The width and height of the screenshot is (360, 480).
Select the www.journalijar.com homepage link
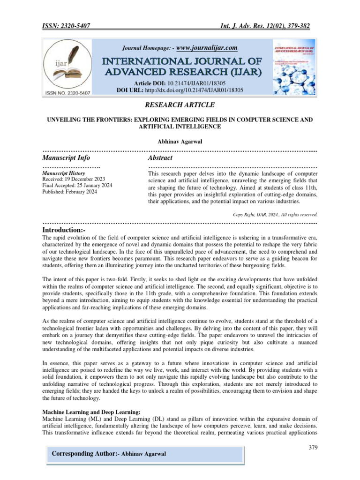(x=207, y=48)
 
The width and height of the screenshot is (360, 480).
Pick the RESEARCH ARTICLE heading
(x=180, y=105)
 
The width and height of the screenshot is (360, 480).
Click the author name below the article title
(x=180, y=141)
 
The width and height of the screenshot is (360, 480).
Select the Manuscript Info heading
(x=66, y=158)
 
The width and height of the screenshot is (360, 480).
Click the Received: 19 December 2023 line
(x=74, y=180)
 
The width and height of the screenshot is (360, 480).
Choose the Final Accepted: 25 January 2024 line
(x=77, y=186)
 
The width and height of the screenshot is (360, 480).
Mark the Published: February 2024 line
(x=70, y=192)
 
